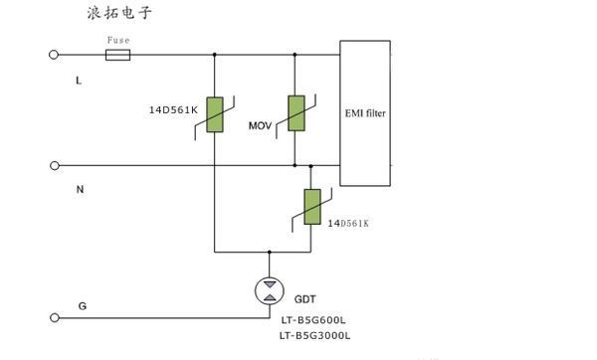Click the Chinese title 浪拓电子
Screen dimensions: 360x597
click(x=120, y=14)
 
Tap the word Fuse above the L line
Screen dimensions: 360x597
click(x=117, y=41)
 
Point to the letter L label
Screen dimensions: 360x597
click(x=79, y=80)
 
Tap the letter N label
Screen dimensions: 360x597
click(x=80, y=188)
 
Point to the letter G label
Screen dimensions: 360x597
click(x=82, y=307)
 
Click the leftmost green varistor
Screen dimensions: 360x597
click(x=214, y=110)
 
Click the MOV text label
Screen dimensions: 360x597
click(x=262, y=126)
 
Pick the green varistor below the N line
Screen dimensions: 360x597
click(x=311, y=208)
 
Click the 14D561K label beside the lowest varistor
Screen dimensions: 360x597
click(x=348, y=224)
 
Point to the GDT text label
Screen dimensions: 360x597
click(x=305, y=297)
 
